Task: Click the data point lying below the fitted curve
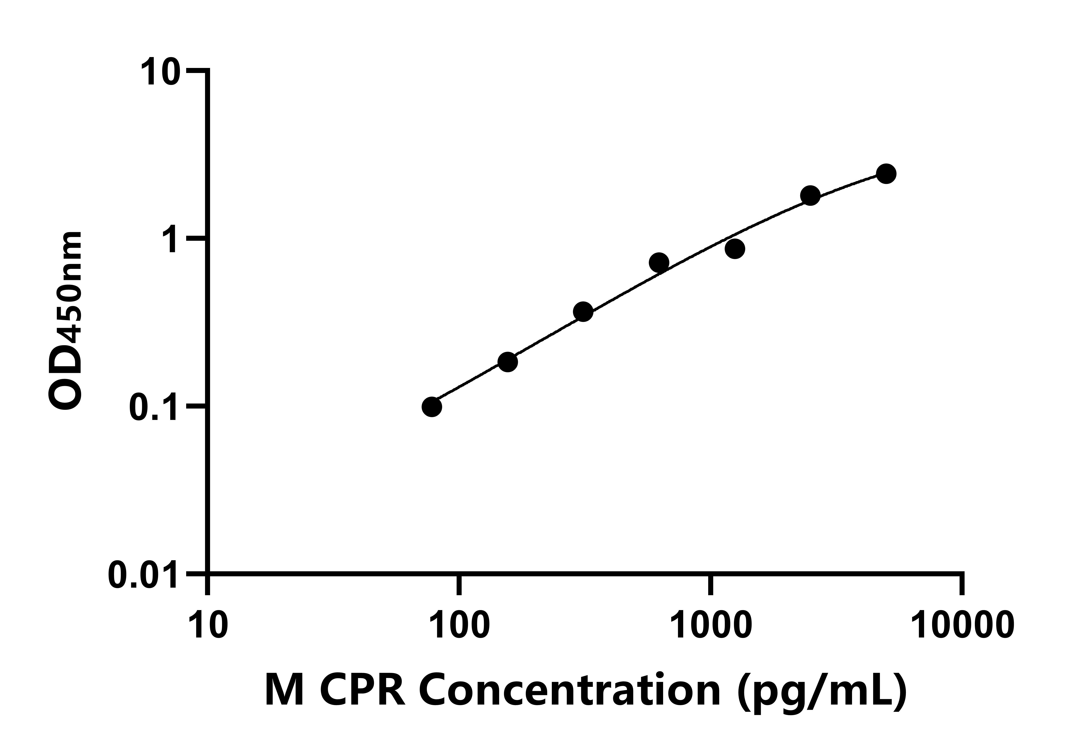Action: tap(735, 249)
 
